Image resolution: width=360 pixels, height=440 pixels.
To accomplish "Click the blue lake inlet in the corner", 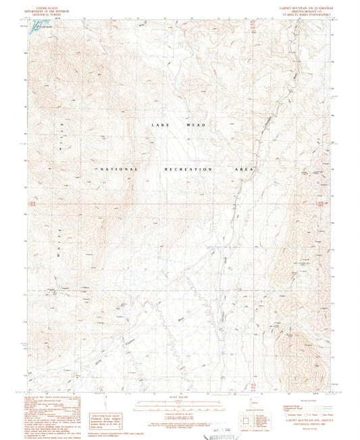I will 41,24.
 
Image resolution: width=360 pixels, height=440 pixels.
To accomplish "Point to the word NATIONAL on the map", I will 120,169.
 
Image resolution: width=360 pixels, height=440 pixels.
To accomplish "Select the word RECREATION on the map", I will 188,169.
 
